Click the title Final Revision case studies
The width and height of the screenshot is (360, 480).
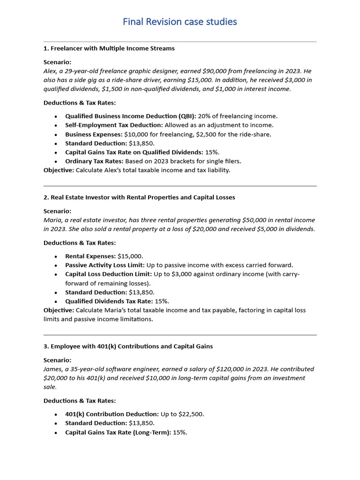[180, 22]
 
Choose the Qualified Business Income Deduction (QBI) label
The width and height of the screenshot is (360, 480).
[131, 116]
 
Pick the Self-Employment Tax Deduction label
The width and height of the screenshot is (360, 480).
[114, 125]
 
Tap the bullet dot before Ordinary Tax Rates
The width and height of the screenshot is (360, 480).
[56, 161]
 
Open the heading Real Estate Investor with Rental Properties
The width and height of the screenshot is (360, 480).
[139, 197]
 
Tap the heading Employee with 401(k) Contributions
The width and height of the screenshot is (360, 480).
[128, 346]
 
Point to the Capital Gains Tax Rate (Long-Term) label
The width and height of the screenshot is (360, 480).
[118, 432]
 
